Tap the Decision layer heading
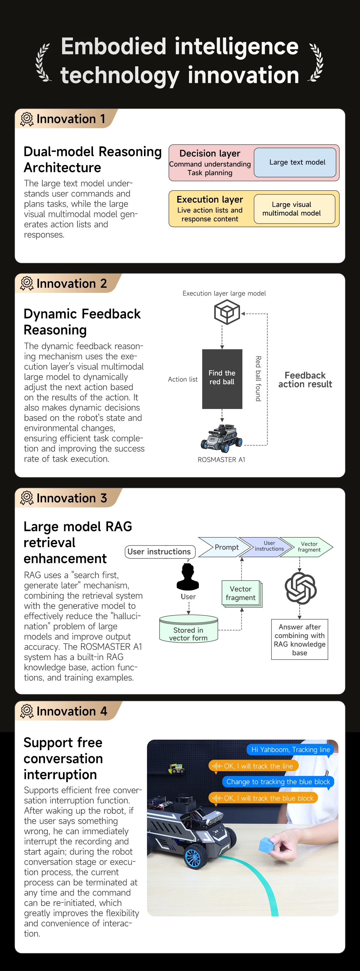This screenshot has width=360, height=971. pyautogui.click(x=210, y=153)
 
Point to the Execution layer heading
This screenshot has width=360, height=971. pyautogui.click(x=210, y=200)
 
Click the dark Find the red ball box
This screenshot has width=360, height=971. pyautogui.click(x=222, y=379)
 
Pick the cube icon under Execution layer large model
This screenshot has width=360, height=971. pyautogui.click(x=227, y=312)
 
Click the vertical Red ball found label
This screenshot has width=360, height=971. pyautogui.click(x=258, y=378)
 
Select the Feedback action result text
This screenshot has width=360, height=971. pyautogui.click(x=305, y=380)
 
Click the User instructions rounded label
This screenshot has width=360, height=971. pyautogui.click(x=160, y=552)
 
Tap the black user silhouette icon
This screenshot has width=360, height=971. pyautogui.click(x=188, y=577)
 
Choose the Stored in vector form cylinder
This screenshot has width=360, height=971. pyautogui.click(x=188, y=629)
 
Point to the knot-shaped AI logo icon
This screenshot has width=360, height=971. pyautogui.click(x=300, y=588)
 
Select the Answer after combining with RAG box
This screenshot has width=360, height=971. pyautogui.click(x=300, y=639)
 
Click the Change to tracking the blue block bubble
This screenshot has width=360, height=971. pyautogui.click(x=278, y=782)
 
